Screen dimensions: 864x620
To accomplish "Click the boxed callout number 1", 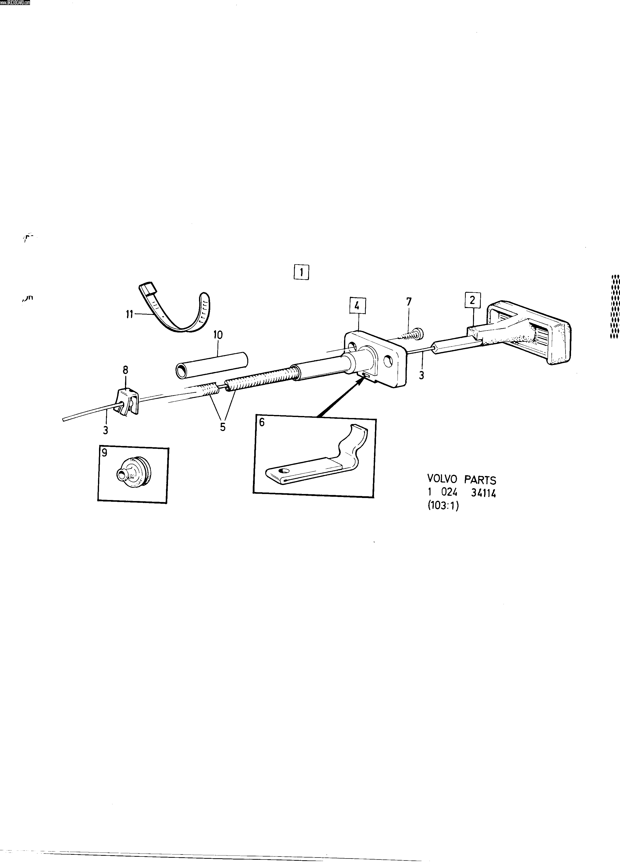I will click(x=301, y=272).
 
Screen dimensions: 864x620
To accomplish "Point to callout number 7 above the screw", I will click(x=409, y=302).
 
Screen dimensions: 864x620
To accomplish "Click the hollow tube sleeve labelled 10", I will click(x=211, y=365).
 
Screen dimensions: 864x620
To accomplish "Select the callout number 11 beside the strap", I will click(x=130, y=315).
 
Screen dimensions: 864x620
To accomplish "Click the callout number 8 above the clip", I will click(x=126, y=370).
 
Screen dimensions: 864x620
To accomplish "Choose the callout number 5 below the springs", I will click(x=223, y=427).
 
